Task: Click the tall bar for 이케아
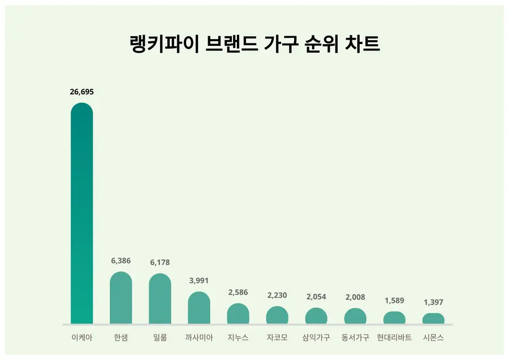click(81, 215)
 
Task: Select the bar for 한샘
click(120, 298)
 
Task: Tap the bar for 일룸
click(160, 300)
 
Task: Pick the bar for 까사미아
click(199, 308)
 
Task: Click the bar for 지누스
click(238, 314)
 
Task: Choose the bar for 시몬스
click(433, 319)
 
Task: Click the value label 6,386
click(120, 261)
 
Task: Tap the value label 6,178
click(160, 262)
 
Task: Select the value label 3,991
click(199, 280)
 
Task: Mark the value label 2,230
click(277, 295)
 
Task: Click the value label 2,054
click(316, 297)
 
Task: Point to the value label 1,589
click(394, 300)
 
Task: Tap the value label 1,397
click(433, 302)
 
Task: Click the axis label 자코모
click(277, 338)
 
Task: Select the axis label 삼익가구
click(316, 338)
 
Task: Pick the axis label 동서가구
click(355, 338)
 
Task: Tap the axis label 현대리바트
click(394, 338)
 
